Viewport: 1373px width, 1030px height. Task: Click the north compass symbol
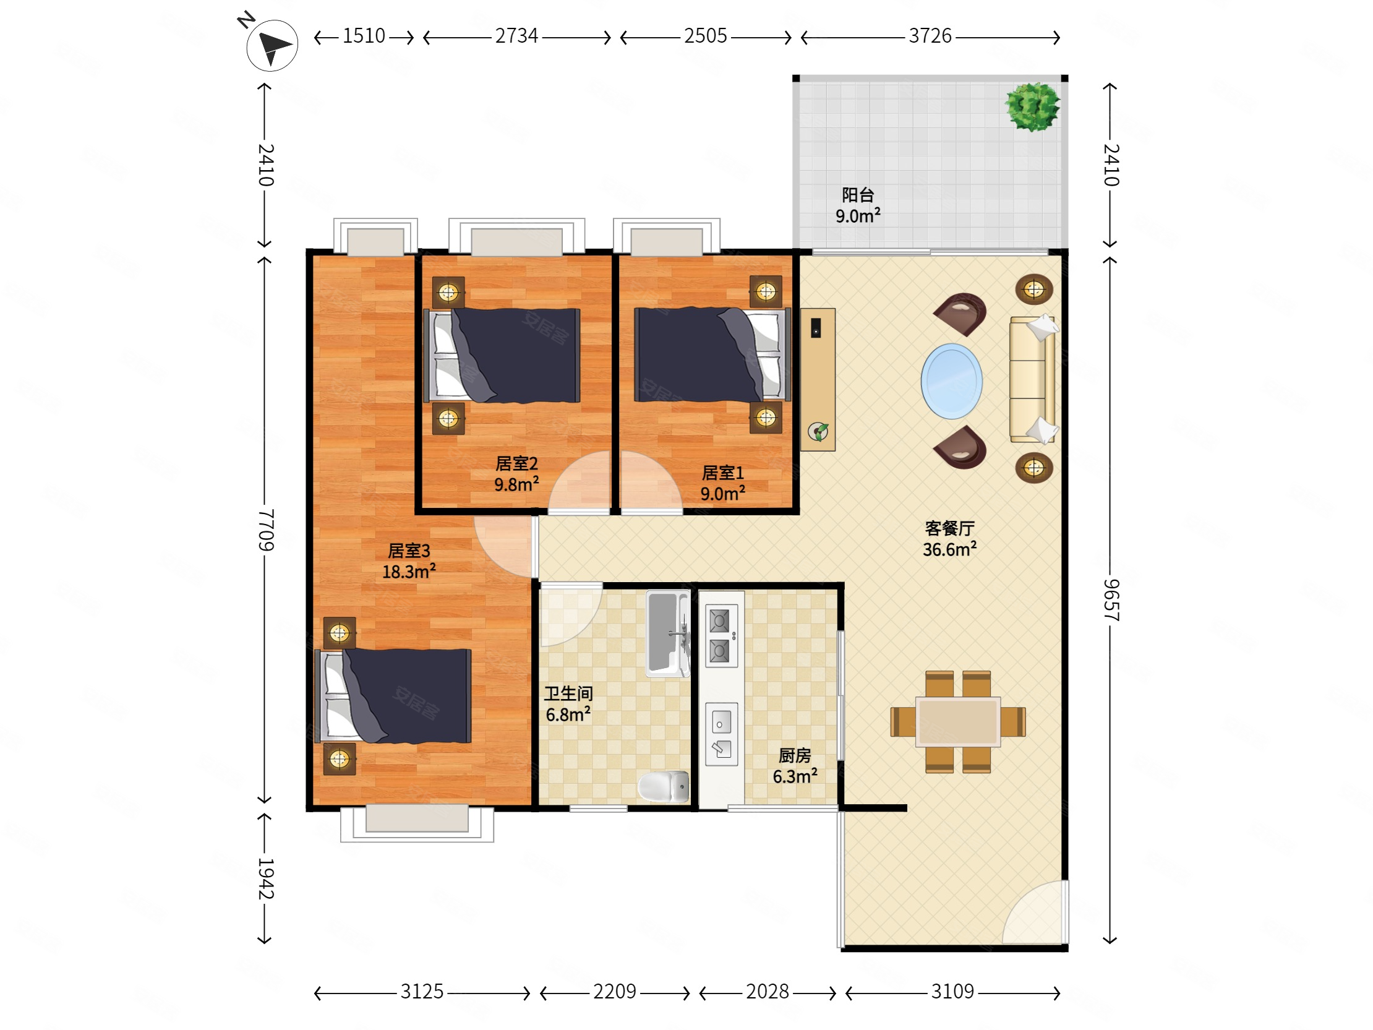coord(272,45)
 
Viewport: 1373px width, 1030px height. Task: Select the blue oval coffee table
coord(951,380)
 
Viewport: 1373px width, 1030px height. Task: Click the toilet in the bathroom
coord(664,786)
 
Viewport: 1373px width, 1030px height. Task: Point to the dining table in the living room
coord(958,721)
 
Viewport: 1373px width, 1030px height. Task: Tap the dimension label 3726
coord(930,36)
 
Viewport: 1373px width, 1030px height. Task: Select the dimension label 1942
coord(266,878)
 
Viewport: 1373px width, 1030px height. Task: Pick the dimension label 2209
coord(615,991)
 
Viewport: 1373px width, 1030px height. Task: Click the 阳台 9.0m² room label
coord(858,205)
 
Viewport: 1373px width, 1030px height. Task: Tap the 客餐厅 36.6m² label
coord(950,539)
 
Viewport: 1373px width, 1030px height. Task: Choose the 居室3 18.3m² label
coord(408,561)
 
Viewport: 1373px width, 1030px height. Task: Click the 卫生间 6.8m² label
coord(568,704)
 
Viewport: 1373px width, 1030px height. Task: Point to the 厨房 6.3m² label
coord(795,765)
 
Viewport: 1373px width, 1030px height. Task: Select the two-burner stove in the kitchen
coord(721,636)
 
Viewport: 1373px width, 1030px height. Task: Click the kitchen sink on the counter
coord(721,734)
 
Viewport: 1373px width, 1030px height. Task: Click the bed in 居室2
coord(502,356)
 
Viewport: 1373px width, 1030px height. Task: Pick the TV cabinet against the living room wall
coord(818,379)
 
